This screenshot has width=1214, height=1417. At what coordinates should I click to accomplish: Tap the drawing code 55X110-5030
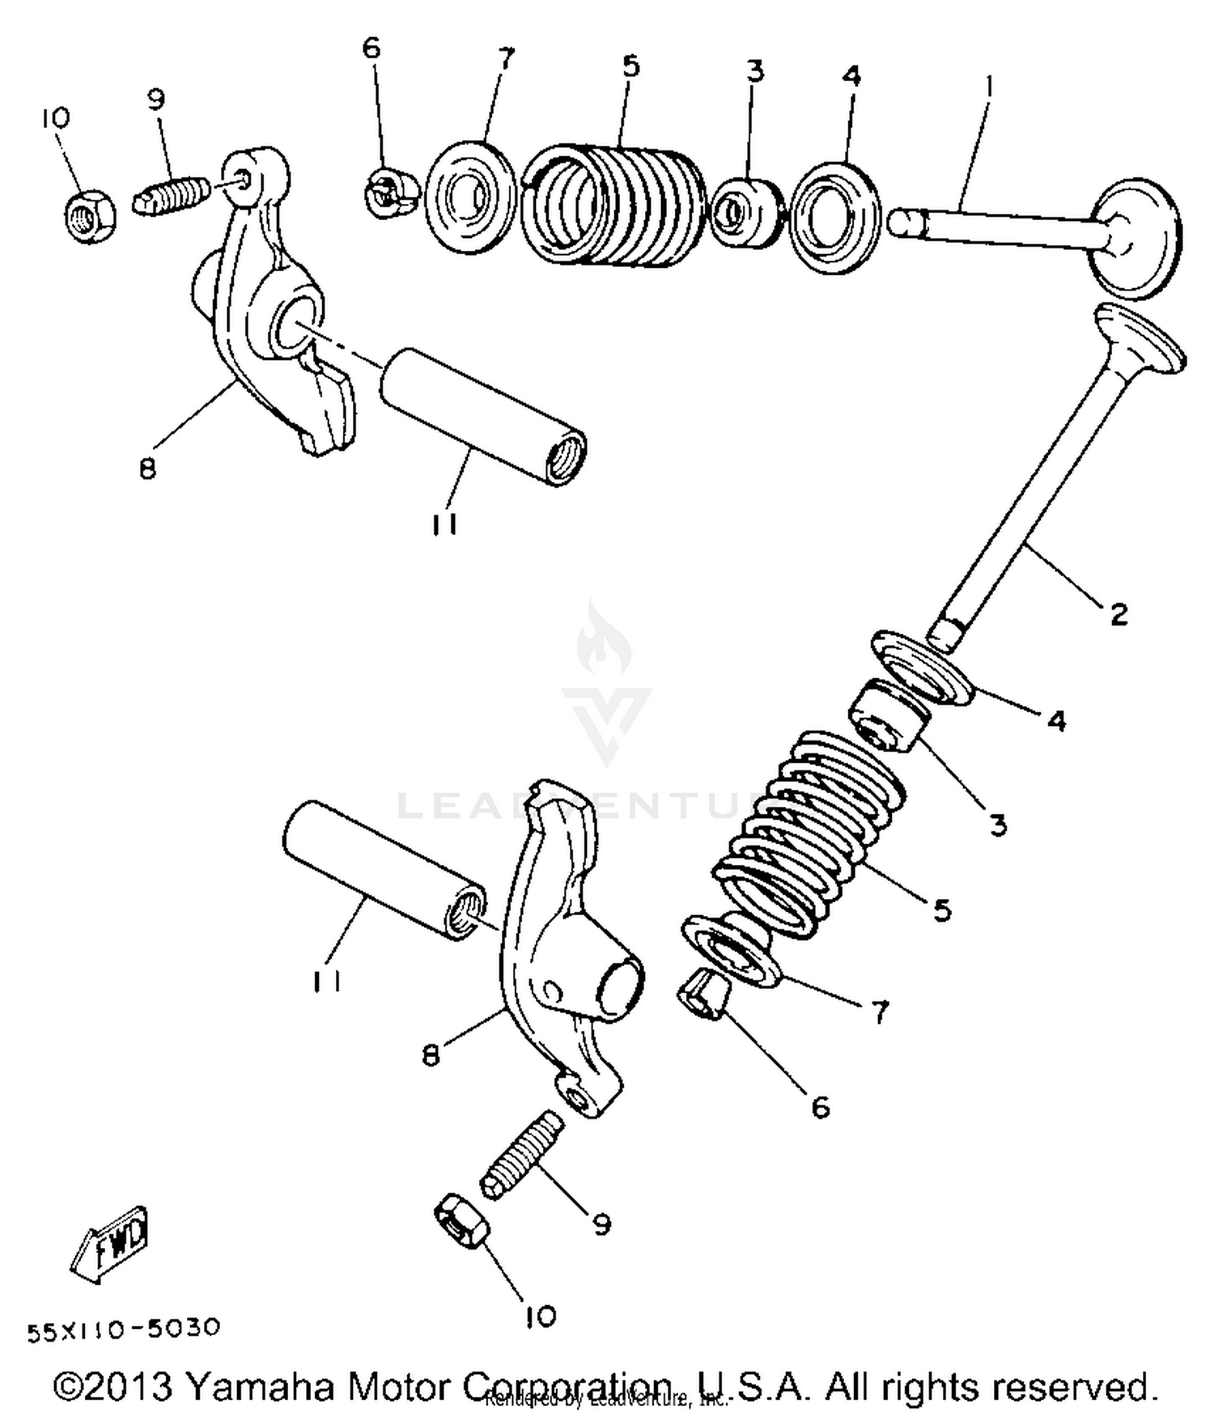123,1329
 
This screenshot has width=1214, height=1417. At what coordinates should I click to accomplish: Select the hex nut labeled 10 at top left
90,215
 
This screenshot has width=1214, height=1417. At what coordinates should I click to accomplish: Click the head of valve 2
1141,340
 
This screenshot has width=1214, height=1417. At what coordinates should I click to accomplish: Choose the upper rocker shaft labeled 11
483,418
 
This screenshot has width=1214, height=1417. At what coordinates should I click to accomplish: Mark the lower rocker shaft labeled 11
384,870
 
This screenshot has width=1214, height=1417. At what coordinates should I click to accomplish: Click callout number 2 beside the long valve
1118,614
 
